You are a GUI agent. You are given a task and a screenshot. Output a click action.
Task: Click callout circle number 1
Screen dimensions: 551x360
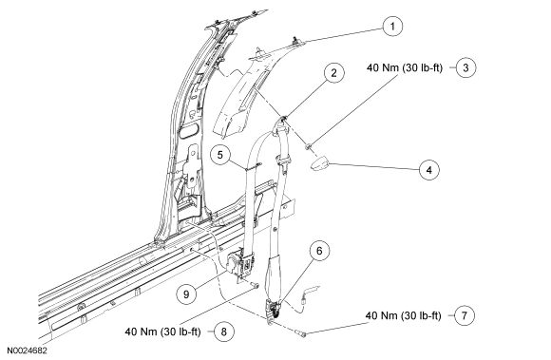pos(392,27)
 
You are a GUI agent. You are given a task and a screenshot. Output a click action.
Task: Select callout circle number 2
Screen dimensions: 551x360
pos(333,73)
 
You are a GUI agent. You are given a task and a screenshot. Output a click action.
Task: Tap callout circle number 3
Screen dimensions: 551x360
pos(465,67)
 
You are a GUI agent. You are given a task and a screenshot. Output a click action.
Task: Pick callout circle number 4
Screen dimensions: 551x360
pos(429,170)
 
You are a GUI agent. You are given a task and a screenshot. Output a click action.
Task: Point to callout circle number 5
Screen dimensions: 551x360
pos(220,155)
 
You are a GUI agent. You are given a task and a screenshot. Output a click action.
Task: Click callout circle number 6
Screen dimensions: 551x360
pos(319,251)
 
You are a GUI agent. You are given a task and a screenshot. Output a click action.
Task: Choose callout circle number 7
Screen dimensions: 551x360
pos(465,315)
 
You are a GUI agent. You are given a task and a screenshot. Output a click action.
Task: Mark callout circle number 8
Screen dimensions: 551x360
pos(224,332)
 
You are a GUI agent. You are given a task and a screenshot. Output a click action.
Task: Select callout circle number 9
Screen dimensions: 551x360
pos(186,294)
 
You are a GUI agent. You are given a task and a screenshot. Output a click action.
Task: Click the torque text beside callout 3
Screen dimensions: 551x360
pos(405,67)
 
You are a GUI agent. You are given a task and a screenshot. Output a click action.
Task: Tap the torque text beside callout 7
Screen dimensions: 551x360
pos(403,315)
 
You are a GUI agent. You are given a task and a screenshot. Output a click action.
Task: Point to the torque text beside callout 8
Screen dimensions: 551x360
pos(162,332)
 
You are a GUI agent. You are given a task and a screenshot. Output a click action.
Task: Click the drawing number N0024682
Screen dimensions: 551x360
pos(27,351)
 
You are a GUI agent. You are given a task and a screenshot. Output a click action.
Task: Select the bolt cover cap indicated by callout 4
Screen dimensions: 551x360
pos(319,163)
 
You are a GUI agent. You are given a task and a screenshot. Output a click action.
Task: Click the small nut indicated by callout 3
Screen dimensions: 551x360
pos(308,146)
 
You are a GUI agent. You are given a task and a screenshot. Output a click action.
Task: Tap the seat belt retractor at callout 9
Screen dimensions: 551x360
pos(240,263)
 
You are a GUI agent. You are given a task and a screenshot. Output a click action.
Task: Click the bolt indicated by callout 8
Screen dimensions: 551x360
pos(255,285)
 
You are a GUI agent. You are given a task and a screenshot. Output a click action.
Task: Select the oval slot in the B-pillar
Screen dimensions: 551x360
pos(189,131)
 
